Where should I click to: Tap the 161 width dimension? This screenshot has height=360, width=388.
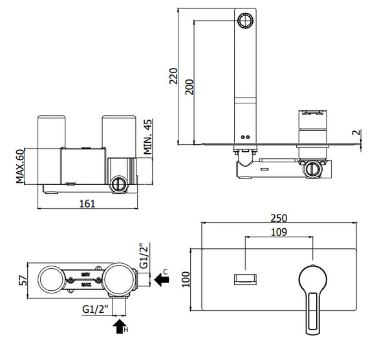(87, 204)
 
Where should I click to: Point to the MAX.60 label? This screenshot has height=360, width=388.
(21, 166)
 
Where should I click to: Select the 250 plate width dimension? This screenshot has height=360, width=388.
(280, 218)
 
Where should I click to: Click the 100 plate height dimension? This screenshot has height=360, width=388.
(186, 279)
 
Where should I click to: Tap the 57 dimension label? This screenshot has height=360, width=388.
(22, 281)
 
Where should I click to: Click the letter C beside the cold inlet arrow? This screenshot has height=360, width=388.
(166, 270)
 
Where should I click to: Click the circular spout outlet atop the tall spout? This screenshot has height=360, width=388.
(246, 21)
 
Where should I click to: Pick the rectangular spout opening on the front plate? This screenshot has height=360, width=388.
(245, 279)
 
